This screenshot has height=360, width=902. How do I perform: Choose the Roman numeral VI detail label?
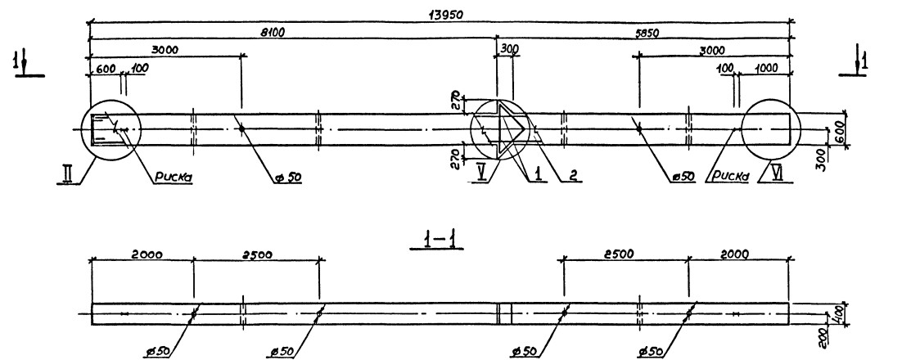pos(773,173)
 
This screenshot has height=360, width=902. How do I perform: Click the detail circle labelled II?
pos(111,129)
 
